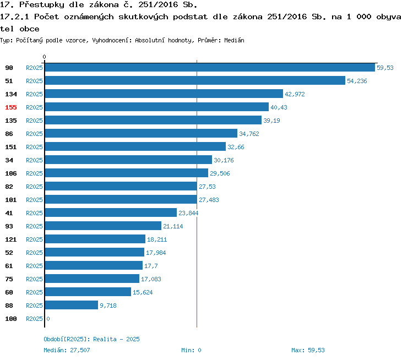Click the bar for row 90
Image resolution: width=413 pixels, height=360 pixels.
pyautogui.click(x=209, y=67)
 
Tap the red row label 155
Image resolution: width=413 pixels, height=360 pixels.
pyautogui.click(x=11, y=107)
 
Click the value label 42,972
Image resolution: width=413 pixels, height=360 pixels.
pyautogui.click(x=295, y=94)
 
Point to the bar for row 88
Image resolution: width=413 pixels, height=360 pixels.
pyautogui.click(x=71, y=305)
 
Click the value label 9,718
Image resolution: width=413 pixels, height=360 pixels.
pyautogui.click(x=108, y=306)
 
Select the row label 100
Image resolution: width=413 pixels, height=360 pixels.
pyautogui.click(x=11, y=319)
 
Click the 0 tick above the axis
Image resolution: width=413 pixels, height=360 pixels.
pyautogui.click(x=45, y=57)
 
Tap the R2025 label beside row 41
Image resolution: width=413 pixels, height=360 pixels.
pyautogui.click(x=34, y=213)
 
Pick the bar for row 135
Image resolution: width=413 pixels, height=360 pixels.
pyautogui.click(x=153, y=120)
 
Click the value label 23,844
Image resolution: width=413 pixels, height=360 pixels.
pyautogui.click(x=188, y=213)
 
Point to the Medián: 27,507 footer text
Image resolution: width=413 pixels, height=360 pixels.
pyautogui.click(x=67, y=350)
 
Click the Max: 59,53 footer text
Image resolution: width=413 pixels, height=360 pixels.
pyautogui.click(x=308, y=350)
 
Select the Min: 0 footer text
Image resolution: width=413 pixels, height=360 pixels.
pyautogui.click(x=191, y=350)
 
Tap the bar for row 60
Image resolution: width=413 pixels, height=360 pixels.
pyautogui.click(x=88, y=292)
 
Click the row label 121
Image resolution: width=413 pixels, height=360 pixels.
pyautogui.click(x=11, y=239)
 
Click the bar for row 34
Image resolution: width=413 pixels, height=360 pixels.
pyautogui.click(x=128, y=160)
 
